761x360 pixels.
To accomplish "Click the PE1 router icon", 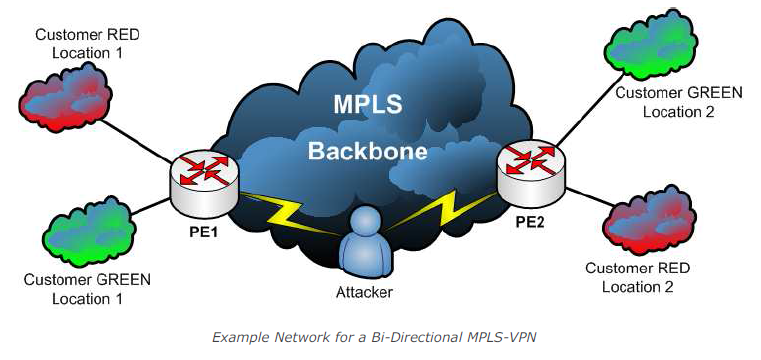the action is [205, 184].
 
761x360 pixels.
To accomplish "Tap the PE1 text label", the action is [203, 232].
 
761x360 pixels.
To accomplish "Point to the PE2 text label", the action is [531, 223].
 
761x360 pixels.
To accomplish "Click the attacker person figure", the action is [364, 244].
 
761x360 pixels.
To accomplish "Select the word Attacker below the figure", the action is [364, 293].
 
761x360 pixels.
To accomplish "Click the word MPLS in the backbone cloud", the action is [367, 105].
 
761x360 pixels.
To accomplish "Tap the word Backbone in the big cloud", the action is [367, 151].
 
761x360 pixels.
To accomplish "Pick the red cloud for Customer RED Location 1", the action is [66, 100].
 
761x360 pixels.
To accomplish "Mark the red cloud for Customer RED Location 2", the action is [649, 221].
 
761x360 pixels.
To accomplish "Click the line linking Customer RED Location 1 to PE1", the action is [138, 141].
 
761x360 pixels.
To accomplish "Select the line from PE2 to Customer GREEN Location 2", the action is [590, 110].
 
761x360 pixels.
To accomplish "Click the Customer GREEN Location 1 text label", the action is [87, 289].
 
